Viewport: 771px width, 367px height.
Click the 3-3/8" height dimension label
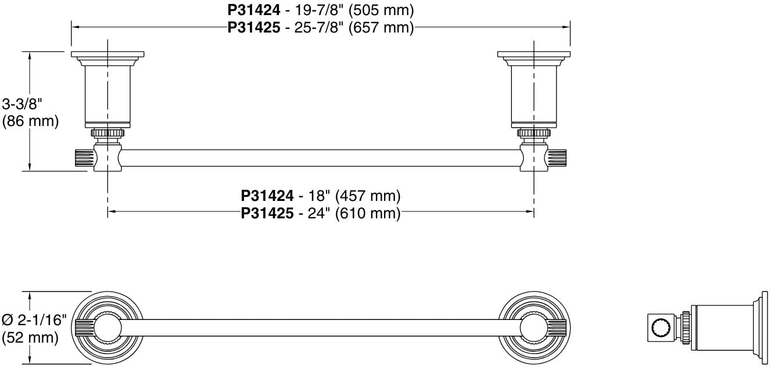pyautogui.click(x=23, y=105)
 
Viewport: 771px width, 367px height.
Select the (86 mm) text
pyautogui.click(x=30, y=121)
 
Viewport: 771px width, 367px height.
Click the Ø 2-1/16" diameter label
pyautogui.click(x=34, y=320)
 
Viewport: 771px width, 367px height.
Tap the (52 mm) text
pyautogui.click(x=30, y=337)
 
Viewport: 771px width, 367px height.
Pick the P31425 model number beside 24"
pyautogui.click(x=267, y=213)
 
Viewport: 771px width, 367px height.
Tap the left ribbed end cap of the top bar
pyautogui.click(x=83, y=158)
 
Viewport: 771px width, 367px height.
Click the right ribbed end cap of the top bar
pyautogui.click(x=558, y=158)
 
